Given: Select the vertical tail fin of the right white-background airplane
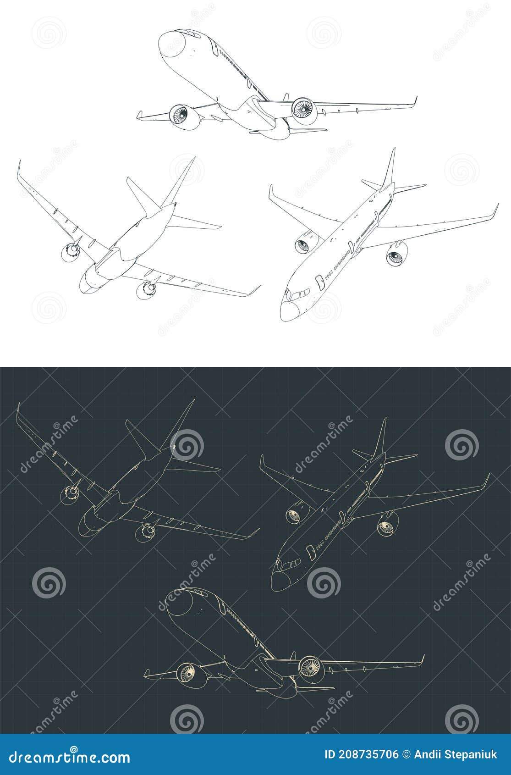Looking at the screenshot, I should pyautogui.click(x=389, y=167).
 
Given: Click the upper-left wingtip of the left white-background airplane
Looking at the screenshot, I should pyautogui.click(x=20, y=170).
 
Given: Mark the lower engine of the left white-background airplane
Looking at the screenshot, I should pyautogui.click(x=148, y=288).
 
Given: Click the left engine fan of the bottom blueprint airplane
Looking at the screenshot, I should pyautogui.click(x=187, y=674).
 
